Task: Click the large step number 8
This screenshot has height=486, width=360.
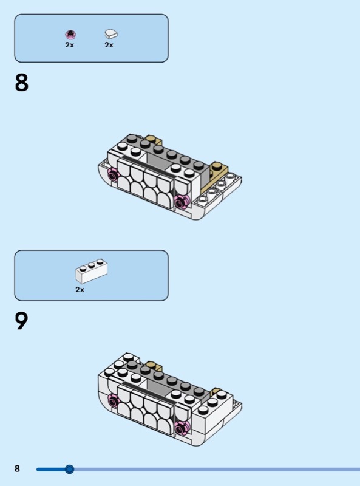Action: click(x=21, y=83)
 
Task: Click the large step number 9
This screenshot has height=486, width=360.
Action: click(x=21, y=321)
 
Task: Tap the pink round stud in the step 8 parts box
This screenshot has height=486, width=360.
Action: click(x=70, y=35)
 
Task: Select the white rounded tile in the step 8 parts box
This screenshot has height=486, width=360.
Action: click(x=111, y=34)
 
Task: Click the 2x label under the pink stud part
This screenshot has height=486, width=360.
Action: click(x=70, y=44)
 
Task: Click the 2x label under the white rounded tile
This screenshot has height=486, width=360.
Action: click(x=109, y=44)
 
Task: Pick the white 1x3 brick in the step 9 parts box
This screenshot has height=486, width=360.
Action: click(x=92, y=271)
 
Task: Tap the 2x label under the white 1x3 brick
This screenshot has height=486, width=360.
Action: click(x=80, y=290)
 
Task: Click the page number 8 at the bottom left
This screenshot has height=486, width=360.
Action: click(x=18, y=468)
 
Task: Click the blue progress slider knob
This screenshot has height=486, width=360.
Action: click(x=69, y=469)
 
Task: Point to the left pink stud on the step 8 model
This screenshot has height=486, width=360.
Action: click(x=113, y=176)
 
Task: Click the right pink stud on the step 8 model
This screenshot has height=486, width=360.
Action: click(x=181, y=202)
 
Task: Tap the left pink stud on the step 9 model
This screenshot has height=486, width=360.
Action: click(x=113, y=402)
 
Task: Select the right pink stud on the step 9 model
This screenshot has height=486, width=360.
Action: click(x=181, y=428)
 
